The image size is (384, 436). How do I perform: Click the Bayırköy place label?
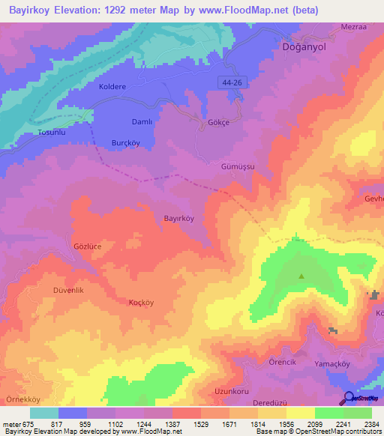[x=178, y=218]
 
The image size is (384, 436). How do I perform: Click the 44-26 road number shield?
[x=232, y=80]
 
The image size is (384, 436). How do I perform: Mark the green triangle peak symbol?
[x=301, y=276]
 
